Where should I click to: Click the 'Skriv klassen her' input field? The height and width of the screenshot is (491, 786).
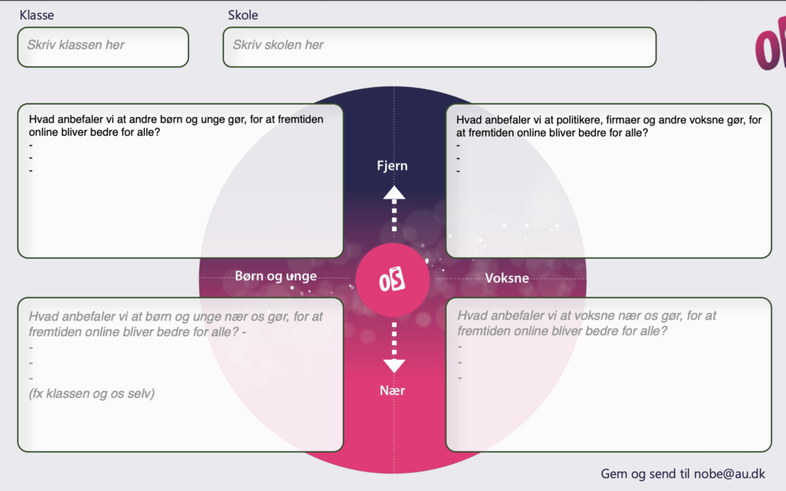pos(103,47)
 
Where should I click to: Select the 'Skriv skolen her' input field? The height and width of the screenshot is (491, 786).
pos(440,47)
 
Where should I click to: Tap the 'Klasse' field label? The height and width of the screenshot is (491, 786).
pos(36,15)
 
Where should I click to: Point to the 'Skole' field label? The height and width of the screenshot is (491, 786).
pos(243,15)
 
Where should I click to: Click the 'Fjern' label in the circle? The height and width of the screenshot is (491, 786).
pos(392,166)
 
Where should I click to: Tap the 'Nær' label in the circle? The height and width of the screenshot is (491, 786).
pos(392,391)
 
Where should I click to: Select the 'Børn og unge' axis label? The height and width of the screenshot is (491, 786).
pos(276,276)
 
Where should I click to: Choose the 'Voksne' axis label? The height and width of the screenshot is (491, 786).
pos(507,278)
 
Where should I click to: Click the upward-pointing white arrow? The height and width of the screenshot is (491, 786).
pos(394,209)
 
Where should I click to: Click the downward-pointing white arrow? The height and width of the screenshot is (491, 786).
pos(394,348)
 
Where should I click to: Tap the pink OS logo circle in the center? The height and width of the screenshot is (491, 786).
pos(392,280)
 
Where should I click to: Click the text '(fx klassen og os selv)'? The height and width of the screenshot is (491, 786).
pos(91,394)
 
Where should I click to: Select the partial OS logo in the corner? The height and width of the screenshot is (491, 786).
pos(771,44)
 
